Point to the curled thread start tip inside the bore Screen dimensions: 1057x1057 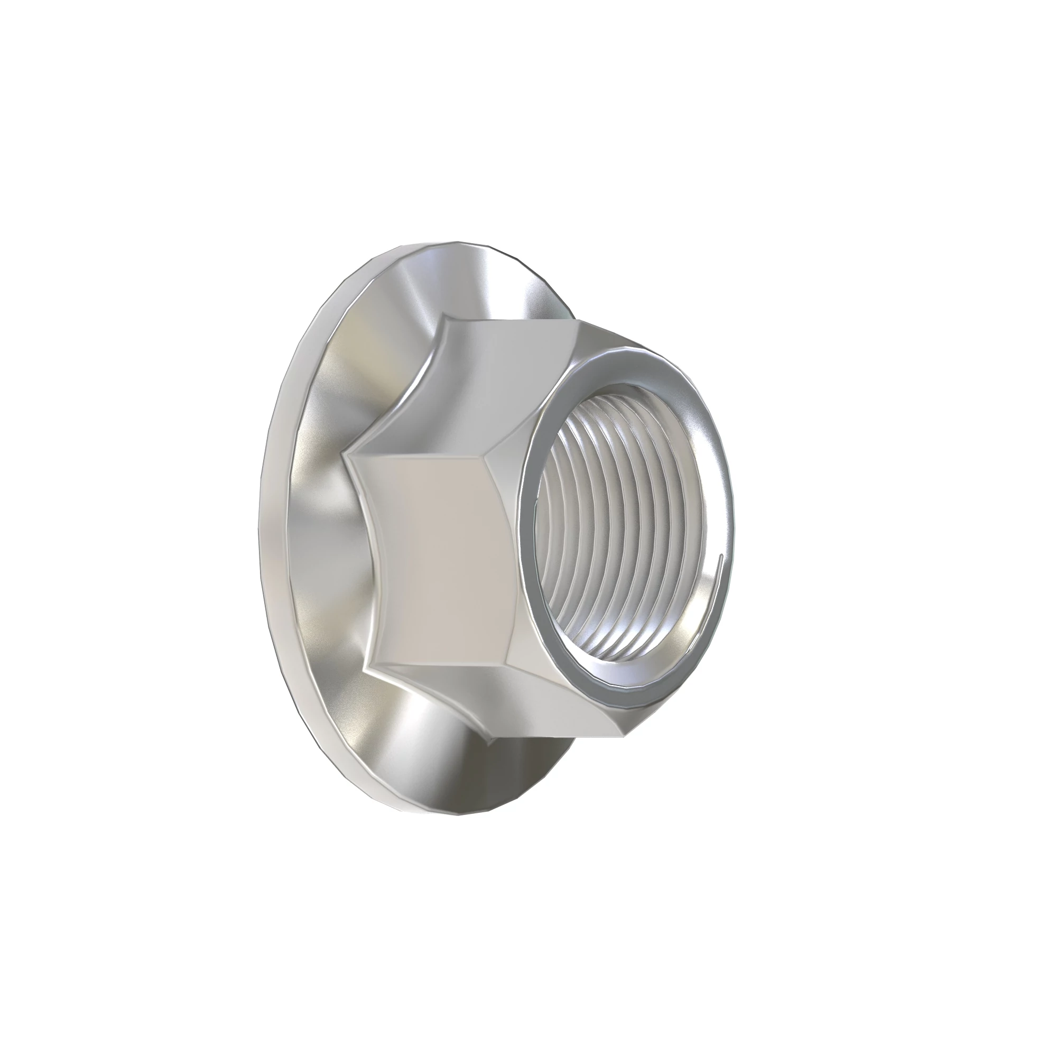[x=722, y=557]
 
